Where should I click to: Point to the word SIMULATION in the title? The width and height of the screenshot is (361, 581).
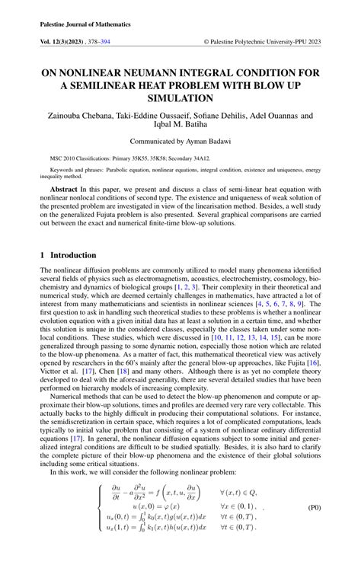pyautogui.click(x=180, y=98)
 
